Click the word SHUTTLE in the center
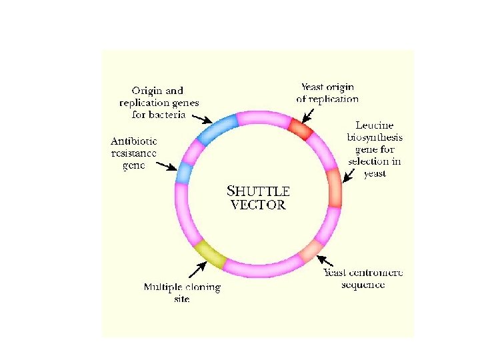(260, 191)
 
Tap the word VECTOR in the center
(258, 205)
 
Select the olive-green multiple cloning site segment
(210, 253)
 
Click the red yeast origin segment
(300, 129)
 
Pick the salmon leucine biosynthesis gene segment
(334, 187)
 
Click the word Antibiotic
(134, 141)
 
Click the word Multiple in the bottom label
(162, 287)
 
